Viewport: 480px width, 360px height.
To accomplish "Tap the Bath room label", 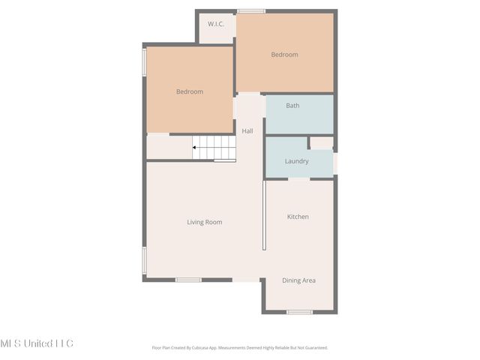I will pyautogui.click(x=292, y=106).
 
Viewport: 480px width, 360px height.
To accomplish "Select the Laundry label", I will pyautogui.click(x=297, y=161).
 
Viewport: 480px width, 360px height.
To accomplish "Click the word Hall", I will pyautogui.click(x=247, y=130).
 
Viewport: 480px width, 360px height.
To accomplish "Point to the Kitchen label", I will pyautogui.click(x=298, y=217).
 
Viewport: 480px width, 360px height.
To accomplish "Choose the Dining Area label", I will pyautogui.click(x=298, y=280).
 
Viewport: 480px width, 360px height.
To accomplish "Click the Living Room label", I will pyautogui.click(x=204, y=222).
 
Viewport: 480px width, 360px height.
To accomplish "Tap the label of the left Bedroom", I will pyautogui.click(x=189, y=91).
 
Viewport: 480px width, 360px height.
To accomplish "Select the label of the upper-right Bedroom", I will pyautogui.click(x=284, y=54).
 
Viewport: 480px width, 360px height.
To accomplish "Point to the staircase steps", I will pyautogui.click(x=217, y=147).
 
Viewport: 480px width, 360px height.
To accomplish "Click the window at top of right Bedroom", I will pyautogui.click(x=251, y=10).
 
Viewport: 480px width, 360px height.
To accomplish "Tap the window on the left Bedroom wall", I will pyautogui.click(x=144, y=61).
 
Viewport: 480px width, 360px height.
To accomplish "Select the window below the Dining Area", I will pyautogui.click(x=299, y=312).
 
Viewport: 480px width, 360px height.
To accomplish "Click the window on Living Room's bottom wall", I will pyautogui.click(x=188, y=280).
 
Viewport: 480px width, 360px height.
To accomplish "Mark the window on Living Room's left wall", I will pyautogui.click(x=144, y=259).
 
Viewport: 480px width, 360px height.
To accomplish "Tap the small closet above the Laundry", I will pyautogui.click(x=322, y=142).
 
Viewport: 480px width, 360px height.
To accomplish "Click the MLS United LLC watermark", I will pyautogui.click(x=37, y=343).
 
